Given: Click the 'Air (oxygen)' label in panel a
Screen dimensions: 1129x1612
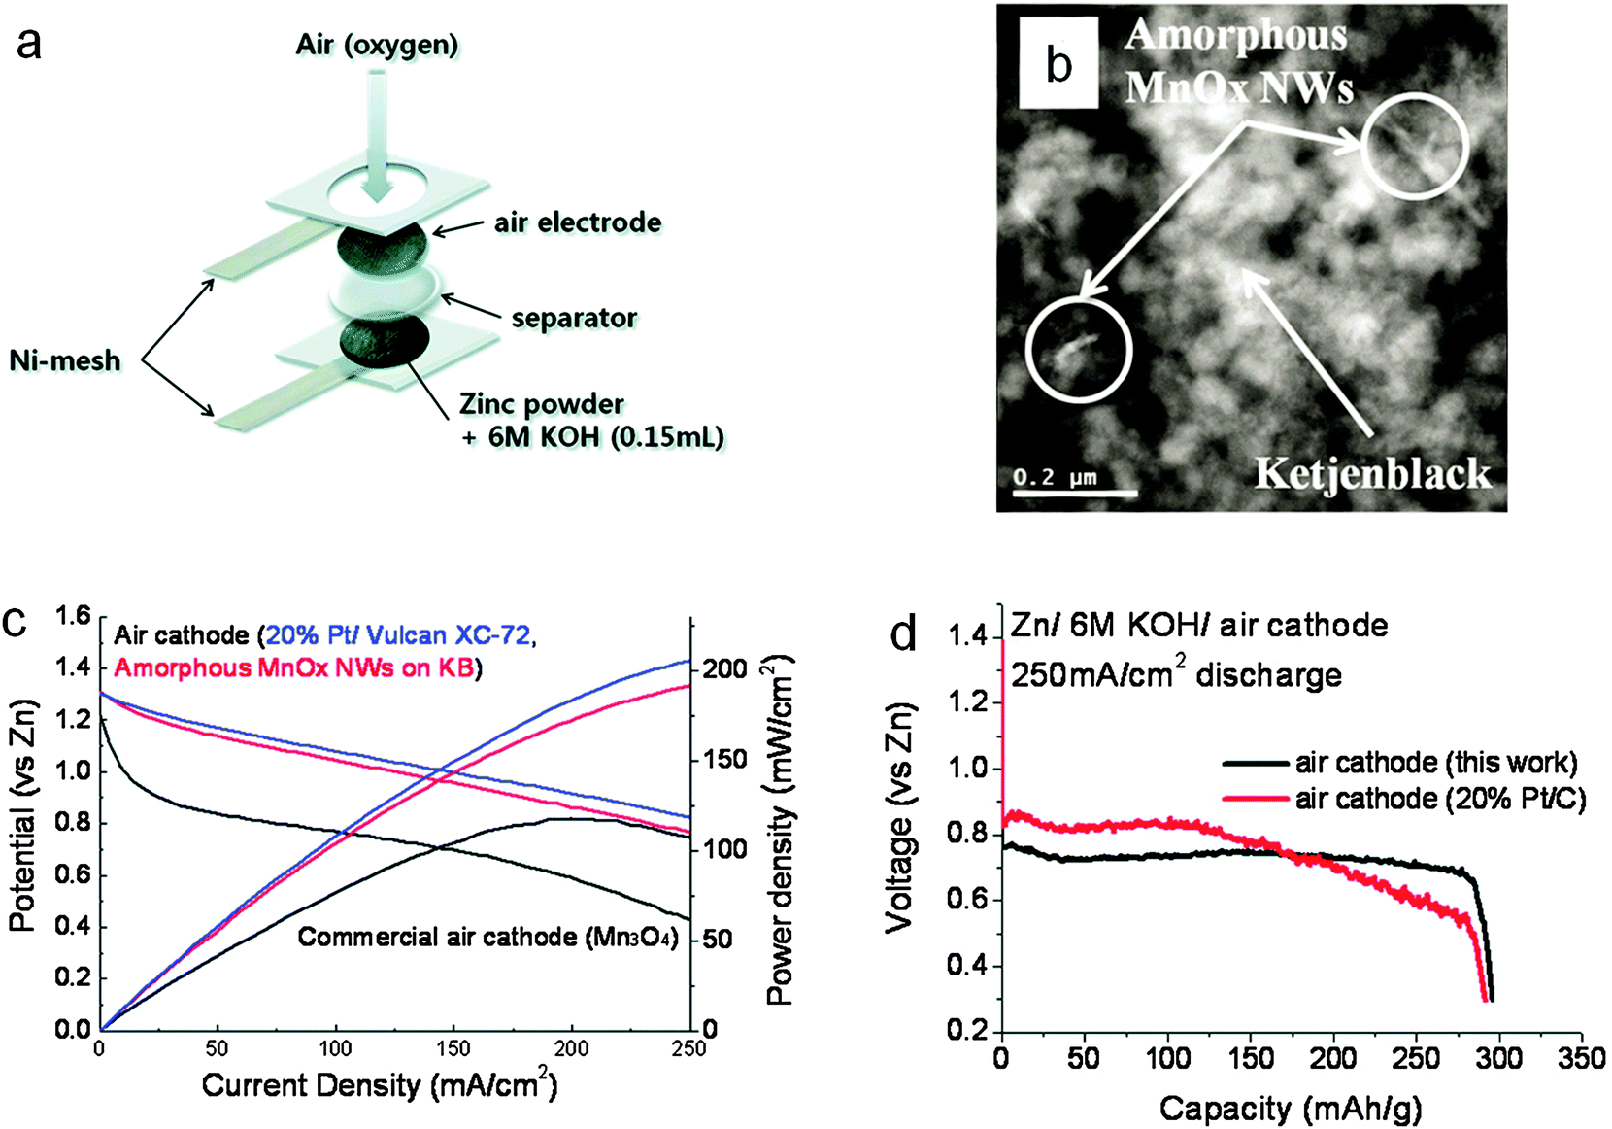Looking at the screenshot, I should [x=377, y=45].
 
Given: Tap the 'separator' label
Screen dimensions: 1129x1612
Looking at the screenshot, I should [x=574, y=318].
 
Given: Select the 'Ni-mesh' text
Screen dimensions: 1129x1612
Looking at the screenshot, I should [x=65, y=360].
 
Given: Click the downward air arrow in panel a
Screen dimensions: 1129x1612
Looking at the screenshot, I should [x=377, y=136].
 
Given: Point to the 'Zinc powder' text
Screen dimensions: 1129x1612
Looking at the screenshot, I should [x=542, y=404].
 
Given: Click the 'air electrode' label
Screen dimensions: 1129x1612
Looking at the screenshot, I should [x=578, y=222].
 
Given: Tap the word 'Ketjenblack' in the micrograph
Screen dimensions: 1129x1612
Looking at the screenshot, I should [x=1372, y=473].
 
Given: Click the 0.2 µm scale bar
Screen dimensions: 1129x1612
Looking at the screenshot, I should [x=1074, y=494].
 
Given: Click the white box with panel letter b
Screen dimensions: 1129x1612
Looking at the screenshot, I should [x=1058, y=64].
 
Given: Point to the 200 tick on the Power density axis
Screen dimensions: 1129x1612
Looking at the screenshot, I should [x=725, y=668].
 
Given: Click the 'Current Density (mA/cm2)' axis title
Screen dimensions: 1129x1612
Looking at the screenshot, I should [x=379, y=1084].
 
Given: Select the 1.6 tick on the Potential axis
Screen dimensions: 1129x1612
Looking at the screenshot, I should [x=73, y=615].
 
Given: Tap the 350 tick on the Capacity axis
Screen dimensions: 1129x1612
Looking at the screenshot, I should [x=1581, y=1058].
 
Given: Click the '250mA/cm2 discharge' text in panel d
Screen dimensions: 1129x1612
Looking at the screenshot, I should [x=1176, y=674].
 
